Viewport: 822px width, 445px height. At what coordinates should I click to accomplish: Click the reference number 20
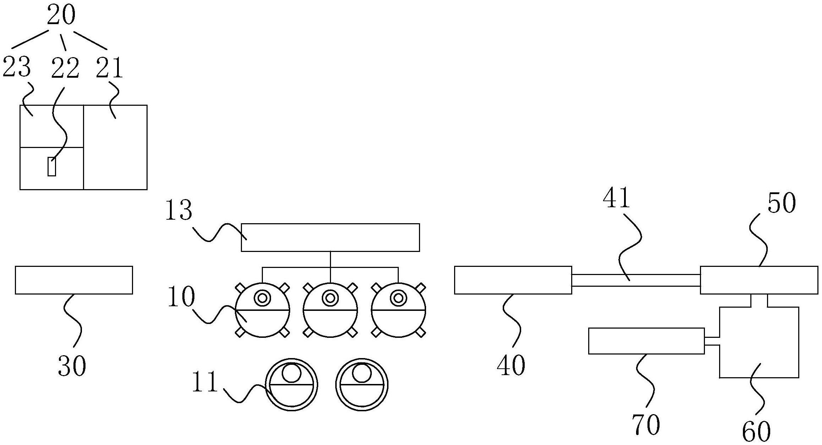pos(61,16)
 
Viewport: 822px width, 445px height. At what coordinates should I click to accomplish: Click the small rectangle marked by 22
pos(52,166)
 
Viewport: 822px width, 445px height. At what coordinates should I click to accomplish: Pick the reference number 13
pos(179,211)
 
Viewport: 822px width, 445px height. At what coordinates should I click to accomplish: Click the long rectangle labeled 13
pos(330,237)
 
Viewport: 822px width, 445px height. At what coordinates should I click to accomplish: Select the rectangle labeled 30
pos(74,280)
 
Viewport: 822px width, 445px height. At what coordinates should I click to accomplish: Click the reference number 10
pos(181,297)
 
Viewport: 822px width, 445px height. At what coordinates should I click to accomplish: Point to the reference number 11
pos(205,382)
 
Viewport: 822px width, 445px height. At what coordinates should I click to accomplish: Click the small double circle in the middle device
pos(330,298)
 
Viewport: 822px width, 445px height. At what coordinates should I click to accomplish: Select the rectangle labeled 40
pos(513,280)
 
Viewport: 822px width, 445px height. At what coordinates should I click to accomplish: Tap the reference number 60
pos(756,431)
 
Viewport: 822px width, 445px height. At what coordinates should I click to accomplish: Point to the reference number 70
pos(646,424)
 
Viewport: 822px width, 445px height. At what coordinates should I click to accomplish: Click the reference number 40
pos(511,366)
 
